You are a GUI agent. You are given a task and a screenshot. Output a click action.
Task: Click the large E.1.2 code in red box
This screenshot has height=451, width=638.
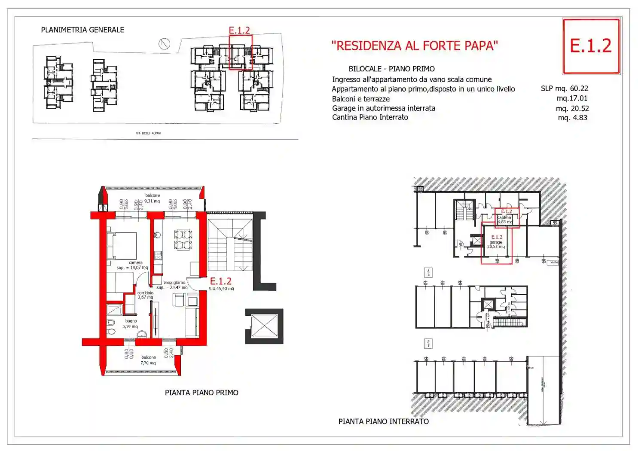pos(590,46)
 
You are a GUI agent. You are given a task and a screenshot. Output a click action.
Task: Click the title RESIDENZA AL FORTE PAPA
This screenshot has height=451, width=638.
pos(414,46)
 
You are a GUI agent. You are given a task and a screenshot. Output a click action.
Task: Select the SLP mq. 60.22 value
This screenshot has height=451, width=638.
pos(564,88)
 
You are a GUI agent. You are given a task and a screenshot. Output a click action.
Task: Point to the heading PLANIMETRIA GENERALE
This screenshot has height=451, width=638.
pos(82,30)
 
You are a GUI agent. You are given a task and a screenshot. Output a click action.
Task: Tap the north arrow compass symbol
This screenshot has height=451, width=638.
pos(164,43)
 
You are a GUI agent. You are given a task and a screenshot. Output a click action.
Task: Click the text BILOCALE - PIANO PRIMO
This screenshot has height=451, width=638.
pos(391,69)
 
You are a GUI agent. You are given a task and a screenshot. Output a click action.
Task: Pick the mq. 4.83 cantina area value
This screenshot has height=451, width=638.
pos(572,118)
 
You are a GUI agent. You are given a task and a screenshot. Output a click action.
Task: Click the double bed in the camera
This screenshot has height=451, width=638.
pos(122,246)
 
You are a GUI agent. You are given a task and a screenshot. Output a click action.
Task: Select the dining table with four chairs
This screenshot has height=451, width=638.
pos(183,240)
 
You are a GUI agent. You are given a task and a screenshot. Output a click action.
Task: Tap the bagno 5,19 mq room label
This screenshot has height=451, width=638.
pos(131,323)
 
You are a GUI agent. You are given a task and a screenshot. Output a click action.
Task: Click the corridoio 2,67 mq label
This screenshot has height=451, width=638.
pos(145,295)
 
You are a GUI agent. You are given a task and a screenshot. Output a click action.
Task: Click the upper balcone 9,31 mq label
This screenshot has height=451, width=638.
pos(152,198)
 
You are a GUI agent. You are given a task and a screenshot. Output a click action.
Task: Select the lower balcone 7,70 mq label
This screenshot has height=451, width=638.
pos(148,360)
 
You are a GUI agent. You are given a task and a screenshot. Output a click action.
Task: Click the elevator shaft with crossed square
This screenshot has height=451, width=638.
pos(264,326)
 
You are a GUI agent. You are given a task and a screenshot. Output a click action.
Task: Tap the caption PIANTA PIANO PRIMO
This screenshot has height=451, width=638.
pos(201,393)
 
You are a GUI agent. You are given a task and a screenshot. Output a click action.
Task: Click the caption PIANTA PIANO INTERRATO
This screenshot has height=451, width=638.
pos(383,421)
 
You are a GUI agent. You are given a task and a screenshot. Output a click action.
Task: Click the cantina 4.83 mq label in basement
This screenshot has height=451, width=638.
pos(504,219)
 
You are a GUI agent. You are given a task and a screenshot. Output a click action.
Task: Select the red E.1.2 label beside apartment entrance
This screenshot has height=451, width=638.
pos(220,281)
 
